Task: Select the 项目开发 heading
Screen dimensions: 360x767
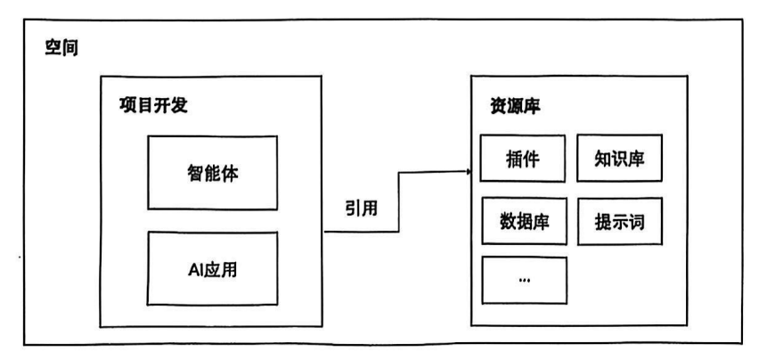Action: coord(153,104)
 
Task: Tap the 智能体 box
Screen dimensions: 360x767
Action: coord(212,172)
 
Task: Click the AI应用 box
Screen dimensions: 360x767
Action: coord(212,266)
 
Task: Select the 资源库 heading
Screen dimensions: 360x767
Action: coord(511,104)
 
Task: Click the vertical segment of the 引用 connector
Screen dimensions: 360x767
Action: coord(397,201)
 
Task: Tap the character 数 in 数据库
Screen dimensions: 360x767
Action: coord(503,223)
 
